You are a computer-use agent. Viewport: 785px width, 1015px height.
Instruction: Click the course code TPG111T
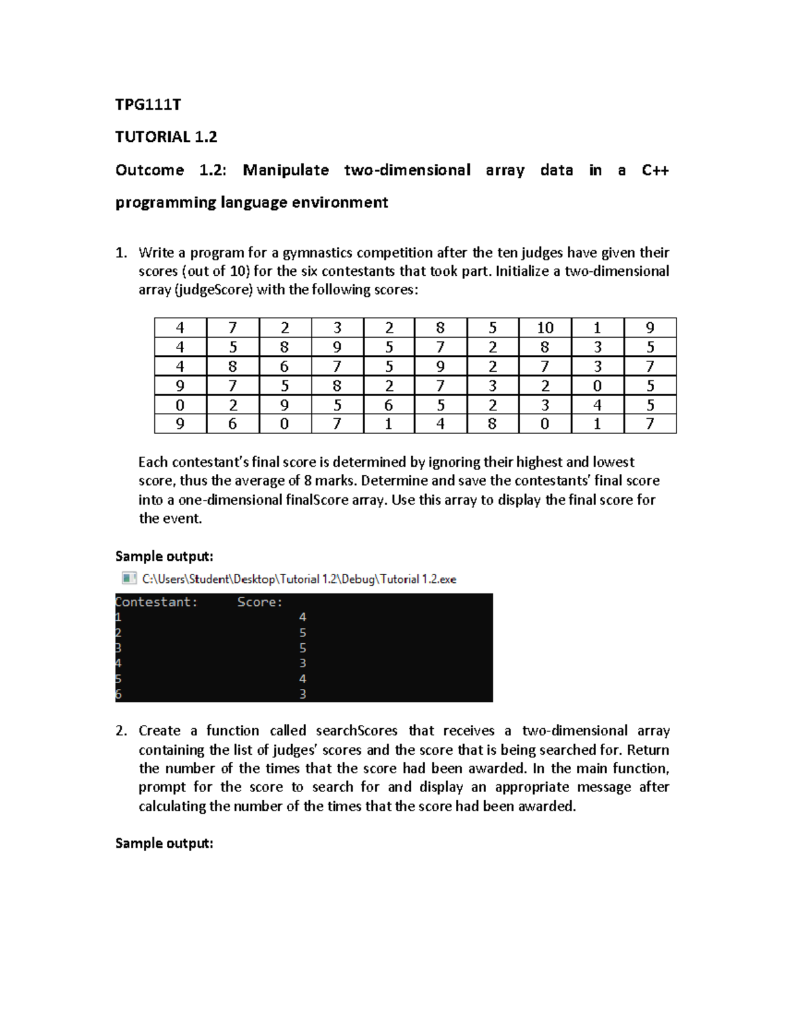(x=148, y=105)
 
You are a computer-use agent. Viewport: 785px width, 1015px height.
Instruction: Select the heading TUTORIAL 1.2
(x=166, y=137)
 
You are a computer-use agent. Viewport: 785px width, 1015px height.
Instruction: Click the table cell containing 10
(x=545, y=327)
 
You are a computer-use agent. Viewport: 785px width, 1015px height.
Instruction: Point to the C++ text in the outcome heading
(x=655, y=170)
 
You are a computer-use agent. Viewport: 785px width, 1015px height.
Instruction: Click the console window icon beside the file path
(x=129, y=578)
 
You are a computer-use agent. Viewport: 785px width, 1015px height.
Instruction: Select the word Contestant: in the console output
(x=156, y=602)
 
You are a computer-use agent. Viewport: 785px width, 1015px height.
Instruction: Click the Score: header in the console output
(x=260, y=602)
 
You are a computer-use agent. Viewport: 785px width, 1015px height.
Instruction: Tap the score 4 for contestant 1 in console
(x=302, y=617)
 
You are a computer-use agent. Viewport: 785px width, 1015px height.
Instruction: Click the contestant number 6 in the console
(x=118, y=695)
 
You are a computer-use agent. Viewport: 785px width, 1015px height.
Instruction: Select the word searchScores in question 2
(x=357, y=731)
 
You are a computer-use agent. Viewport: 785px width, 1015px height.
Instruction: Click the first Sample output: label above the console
(x=164, y=556)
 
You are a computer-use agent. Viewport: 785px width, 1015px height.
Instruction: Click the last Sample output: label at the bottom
(x=164, y=843)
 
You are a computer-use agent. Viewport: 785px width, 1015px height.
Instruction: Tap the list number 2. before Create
(x=121, y=731)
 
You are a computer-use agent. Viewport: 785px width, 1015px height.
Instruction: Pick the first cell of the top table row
(x=180, y=327)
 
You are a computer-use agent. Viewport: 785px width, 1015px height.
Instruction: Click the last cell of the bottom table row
(x=650, y=424)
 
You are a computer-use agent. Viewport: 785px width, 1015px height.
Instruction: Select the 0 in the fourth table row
(x=597, y=386)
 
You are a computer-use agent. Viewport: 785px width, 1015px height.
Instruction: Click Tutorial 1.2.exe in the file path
(x=418, y=579)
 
